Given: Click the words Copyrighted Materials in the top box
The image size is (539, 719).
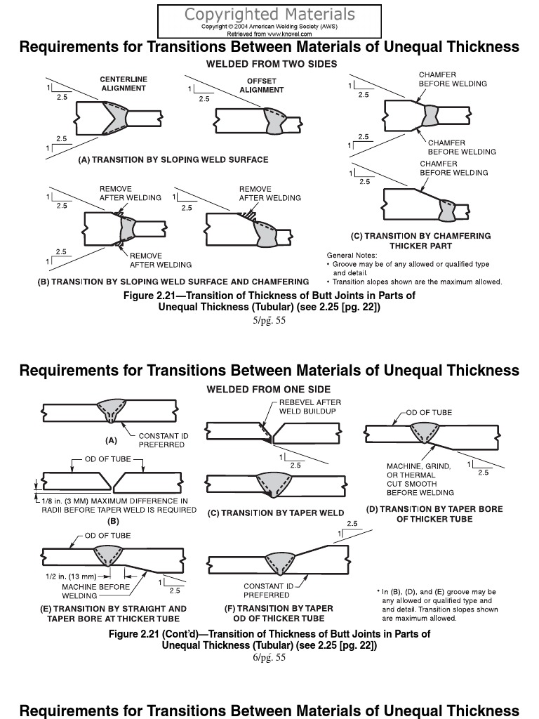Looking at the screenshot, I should click(x=269, y=14).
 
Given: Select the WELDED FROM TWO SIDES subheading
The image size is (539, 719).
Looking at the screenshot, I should click(x=271, y=64).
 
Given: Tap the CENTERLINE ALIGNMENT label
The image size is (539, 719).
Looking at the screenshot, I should click(x=124, y=84).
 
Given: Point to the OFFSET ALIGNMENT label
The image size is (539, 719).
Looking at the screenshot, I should click(x=262, y=86).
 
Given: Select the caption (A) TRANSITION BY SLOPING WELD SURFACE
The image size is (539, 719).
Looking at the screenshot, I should click(x=173, y=160).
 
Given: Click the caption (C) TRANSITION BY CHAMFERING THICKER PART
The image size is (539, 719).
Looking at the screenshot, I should click(x=420, y=241).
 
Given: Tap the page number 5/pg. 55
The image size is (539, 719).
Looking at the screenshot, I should click(x=269, y=321).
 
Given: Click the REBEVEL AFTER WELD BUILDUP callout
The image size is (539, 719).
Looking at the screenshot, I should click(x=310, y=407).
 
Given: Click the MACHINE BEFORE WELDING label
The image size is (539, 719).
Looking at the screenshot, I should click(x=86, y=591).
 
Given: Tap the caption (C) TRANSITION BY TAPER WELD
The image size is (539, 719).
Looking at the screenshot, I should click(x=275, y=513).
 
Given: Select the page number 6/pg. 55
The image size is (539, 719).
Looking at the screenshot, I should click(x=269, y=658).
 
